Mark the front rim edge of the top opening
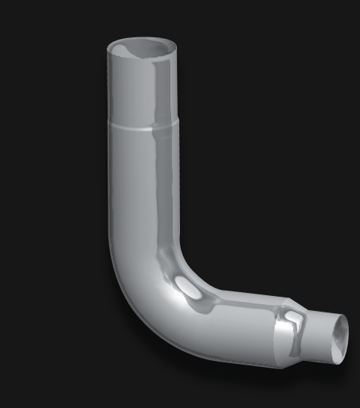[x=142, y=61]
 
